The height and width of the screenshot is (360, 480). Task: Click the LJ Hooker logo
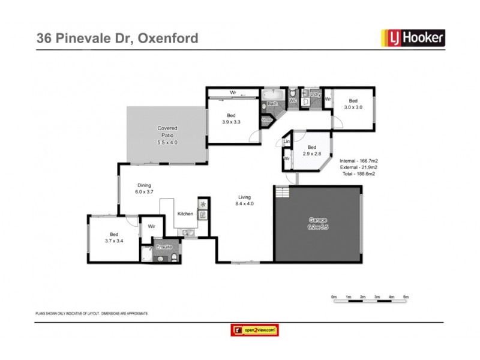tap(413, 38)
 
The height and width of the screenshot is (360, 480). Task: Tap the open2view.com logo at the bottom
tap(255, 330)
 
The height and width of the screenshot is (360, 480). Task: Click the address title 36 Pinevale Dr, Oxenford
tap(117, 38)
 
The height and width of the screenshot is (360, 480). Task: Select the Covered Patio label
tap(167, 135)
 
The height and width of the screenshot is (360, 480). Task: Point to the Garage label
tap(318, 224)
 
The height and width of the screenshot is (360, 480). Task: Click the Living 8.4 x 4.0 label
tap(244, 200)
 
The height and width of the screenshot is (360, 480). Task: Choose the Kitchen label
tap(185, 214)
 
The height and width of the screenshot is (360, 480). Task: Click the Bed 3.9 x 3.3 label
tap(231, 118)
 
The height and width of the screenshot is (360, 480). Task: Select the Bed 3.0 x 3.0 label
tap(353, 104)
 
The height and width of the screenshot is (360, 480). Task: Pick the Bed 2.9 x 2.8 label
tap(311, 151)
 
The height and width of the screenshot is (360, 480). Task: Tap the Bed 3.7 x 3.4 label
tap(113, 238)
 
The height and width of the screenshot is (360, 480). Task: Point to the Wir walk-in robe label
tap(151, 227)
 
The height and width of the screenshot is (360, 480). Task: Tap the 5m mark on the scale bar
tap(406, 297)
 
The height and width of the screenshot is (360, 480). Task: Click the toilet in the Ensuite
tap(173, 258)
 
